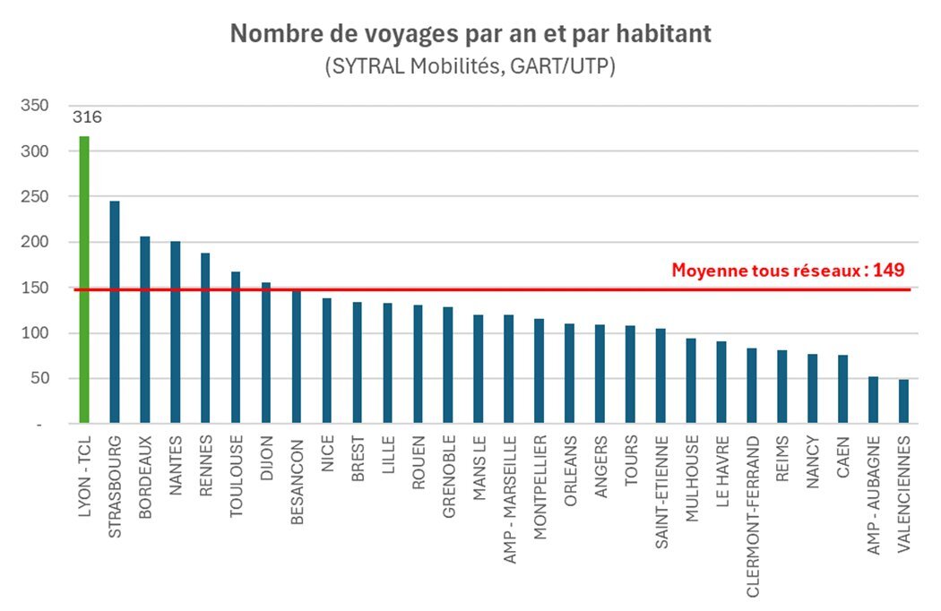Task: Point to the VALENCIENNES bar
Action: pos(903,400)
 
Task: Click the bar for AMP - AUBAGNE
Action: pos(873,400)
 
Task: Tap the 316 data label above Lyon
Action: pos(88,117)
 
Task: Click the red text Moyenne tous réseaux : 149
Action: pos(788,270)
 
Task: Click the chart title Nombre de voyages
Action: pos(470,33)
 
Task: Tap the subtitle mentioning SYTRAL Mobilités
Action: pos(470,67)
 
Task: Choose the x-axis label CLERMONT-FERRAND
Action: pos(752,503)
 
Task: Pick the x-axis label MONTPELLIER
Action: pos(540,488)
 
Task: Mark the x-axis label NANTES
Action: pos(176,465)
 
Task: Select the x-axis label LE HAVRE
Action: pos(721,470)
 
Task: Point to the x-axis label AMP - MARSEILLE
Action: pos(509,500)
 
